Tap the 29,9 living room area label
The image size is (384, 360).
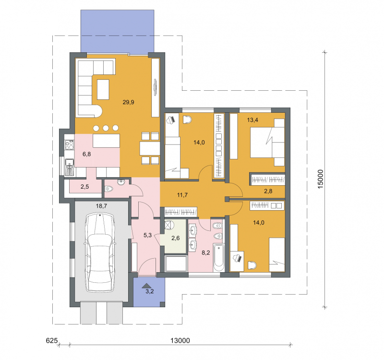coord(128,102)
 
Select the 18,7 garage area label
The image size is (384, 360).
coord(101,206)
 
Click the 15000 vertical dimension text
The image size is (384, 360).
coord(321,179)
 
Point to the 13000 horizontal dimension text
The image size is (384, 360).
coord(180,340)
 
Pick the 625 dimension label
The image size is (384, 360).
coord(52,340)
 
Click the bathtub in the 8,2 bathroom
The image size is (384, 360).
coord(218,257)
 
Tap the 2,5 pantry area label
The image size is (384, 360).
coord(85,187)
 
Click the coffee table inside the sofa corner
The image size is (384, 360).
coord(103,89)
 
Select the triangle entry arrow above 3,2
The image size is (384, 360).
coord(147,285)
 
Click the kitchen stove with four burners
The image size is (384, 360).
coord(69,145)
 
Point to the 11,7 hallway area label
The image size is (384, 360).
coord(182,195)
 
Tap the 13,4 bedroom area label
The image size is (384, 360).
coord(252,120)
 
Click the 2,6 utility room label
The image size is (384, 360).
coord(176,238)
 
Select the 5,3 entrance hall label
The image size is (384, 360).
coord(148,235)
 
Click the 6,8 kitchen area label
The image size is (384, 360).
coord(87,154)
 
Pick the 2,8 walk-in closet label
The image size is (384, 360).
coord(268,191)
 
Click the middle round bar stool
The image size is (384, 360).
coord(106,128)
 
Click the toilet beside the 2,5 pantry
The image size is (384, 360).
coord(109,189)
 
